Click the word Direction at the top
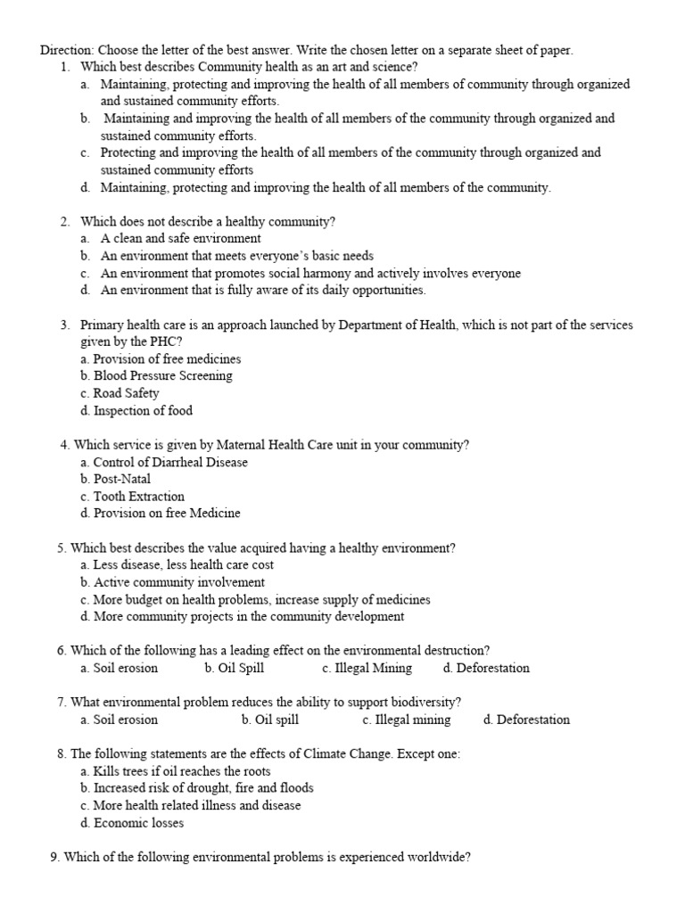(x=67, y=50)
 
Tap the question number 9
(x=55, y=858)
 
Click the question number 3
(x=65, y=325)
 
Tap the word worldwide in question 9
(x=439, y=858)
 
